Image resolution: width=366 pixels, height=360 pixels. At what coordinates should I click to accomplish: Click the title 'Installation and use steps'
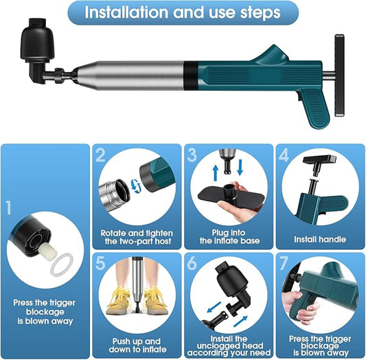tap(182, 12)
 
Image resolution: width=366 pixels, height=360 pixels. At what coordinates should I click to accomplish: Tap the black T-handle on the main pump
tap(339, 75)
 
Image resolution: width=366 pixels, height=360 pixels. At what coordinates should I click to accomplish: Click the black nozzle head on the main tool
tap(37, 50)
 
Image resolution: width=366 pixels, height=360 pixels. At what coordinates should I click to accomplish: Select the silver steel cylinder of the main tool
tap(130, 75)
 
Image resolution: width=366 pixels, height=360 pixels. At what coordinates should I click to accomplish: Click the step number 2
tap(100, 155)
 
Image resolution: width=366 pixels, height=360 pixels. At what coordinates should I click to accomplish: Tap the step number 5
tap(100, 263)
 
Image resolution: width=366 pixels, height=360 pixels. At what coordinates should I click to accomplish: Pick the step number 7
tap(284, 263)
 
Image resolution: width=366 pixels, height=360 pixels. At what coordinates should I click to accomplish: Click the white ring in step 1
tap(62, 265)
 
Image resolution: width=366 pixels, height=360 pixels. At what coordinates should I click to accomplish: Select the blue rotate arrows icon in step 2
tap(136, 186)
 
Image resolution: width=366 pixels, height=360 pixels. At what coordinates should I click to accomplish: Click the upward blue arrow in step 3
tap(216, 172)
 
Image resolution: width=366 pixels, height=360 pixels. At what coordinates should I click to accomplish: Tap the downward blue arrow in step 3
tap(240, 168)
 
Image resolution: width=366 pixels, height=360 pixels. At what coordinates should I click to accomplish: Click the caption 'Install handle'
tap(320, 239)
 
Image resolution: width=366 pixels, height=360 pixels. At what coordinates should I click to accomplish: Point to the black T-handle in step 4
tap(319, 164)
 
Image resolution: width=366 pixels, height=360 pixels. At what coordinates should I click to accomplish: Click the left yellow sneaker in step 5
tap(118, 300)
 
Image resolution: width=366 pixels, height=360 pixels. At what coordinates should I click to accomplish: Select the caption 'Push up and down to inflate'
tap(137, 345)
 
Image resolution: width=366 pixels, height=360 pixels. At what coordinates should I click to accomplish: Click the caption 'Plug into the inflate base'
tap(229, 236)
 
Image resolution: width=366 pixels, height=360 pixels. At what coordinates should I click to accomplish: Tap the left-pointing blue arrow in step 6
tap(214, 307)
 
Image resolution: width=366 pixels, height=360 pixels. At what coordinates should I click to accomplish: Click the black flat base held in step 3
tap(231, 195)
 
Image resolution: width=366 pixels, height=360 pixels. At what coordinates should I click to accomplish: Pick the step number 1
tap(9, 207)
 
